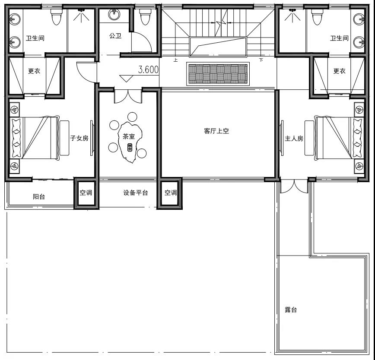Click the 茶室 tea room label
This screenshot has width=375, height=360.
[x=129, y=136]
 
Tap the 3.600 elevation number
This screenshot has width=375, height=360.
[x=148, y=69]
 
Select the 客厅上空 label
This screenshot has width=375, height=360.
[x=216, y=131]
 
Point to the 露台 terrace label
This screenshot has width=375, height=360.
[x=291, y=310]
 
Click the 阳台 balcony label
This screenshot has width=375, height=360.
[x=39, y=196]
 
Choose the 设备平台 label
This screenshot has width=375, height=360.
[x=136, y=193]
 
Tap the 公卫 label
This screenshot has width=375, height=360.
[x=115, y=36]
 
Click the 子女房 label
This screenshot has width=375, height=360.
[x=79, y=138]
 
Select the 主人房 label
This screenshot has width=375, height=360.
[x=294, y=139]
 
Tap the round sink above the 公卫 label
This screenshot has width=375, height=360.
[x=114, y=15]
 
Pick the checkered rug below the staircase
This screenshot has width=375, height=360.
[x=218, y=74]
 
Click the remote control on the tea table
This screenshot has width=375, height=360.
[x=130, y=147]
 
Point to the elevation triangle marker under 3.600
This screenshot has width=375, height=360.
[x=126, y=79]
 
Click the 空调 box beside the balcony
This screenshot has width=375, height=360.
[x=86, y=193]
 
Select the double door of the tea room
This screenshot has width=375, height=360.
[x=128, y=96]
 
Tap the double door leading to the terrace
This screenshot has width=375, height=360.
[x=294, y=187]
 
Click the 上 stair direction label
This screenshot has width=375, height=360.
[x=175, y=60]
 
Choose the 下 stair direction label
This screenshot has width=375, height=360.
[x=261, y=60]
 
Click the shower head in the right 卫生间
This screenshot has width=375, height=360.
[x=292, y=10]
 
